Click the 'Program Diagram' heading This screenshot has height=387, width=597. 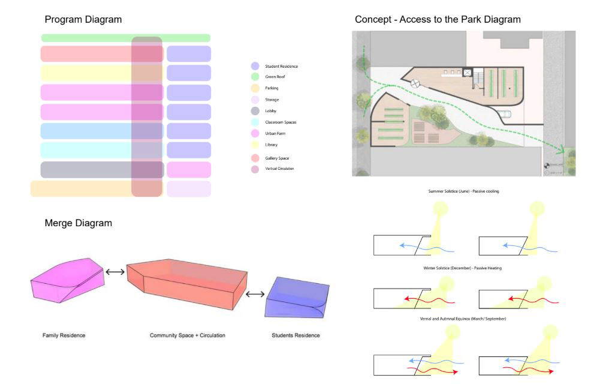click(83, 20)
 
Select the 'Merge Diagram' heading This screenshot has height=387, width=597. click(78, 223)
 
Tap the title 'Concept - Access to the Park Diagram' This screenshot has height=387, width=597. click(438, 20)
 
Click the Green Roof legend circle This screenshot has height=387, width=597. click(255, 77)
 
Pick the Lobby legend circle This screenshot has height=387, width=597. click(255, 111)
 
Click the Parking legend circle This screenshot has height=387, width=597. click(255, 88)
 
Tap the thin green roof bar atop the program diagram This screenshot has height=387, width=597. click(126, 38)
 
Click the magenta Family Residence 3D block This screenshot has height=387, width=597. click(67, 281)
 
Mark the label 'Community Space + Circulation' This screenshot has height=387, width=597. click(188, 335)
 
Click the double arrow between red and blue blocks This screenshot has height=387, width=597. click(255, 294)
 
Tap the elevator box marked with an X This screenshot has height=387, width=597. click(467, 73)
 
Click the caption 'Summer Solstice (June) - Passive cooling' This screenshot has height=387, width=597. click(464, 191)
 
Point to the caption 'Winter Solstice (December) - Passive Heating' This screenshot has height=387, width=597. click(462, 268)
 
